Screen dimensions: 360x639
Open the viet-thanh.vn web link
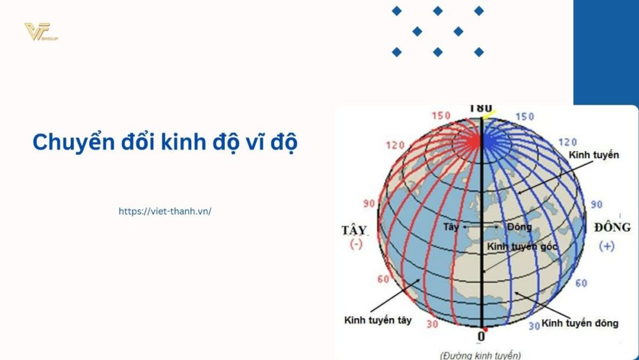pos(165,210)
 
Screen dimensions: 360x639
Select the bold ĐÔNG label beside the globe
pos(612,228)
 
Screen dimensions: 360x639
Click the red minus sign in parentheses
pos(356,245)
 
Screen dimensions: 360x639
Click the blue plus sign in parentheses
pos(606,246)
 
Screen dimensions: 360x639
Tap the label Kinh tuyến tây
pos(378,320)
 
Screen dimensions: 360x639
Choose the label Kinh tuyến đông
pos(580,323)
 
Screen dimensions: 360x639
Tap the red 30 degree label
pos(432,324)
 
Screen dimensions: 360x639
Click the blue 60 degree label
pos(581,283)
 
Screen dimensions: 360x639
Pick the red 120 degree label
pos(396,145)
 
